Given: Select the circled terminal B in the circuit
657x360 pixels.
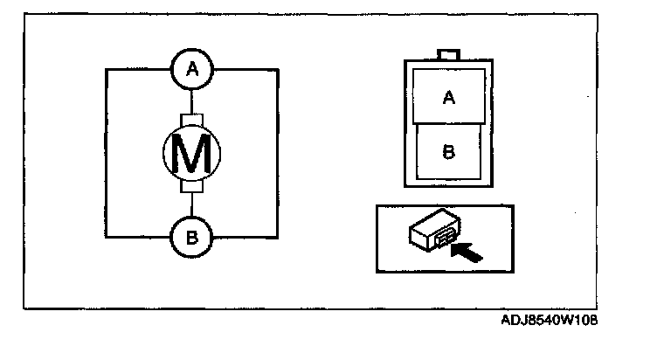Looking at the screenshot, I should (190, 236).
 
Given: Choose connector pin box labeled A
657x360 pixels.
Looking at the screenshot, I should (449, 98).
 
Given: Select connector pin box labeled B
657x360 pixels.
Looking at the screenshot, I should (447, 151).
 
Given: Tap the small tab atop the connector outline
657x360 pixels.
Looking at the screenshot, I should (449, 54).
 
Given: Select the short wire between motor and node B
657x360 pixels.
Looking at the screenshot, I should (190, 204).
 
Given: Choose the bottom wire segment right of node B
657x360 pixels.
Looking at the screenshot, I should (244, 236).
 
